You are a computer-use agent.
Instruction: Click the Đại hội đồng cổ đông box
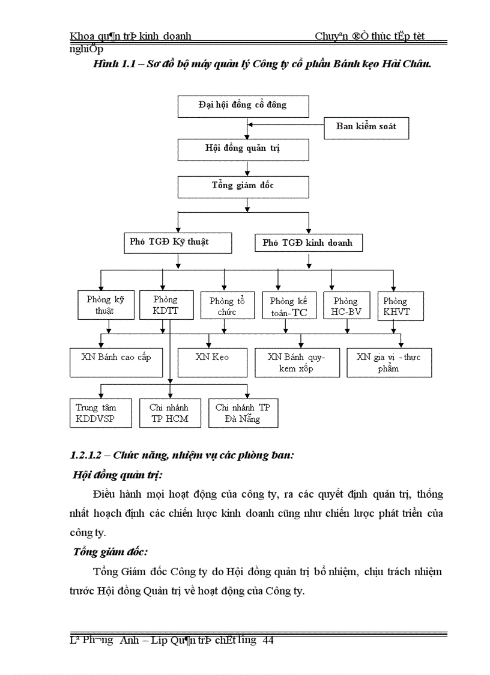pos(243,105)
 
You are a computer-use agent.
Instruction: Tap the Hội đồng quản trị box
pos(243,149)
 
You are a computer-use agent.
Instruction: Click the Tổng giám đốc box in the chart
pos(243,186)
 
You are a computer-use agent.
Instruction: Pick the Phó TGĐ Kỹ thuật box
pos(170,242)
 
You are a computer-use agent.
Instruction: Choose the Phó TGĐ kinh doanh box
pos(308,243)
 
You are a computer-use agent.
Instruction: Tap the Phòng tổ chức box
pos(224,306)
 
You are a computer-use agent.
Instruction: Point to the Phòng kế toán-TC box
pos(289,306)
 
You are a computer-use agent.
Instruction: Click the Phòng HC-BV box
pos(345,306)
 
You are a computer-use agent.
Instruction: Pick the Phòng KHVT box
pos(400,306)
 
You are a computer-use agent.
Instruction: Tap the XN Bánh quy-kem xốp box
pos(297,362)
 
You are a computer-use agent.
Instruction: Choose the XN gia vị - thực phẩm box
pos(389,362)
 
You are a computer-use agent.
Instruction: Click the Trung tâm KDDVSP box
pos(96,413)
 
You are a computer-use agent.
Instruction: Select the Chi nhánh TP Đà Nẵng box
pos(243,413)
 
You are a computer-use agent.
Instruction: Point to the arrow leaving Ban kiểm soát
pos(286,125)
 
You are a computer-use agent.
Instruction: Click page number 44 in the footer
pos(268,641)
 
